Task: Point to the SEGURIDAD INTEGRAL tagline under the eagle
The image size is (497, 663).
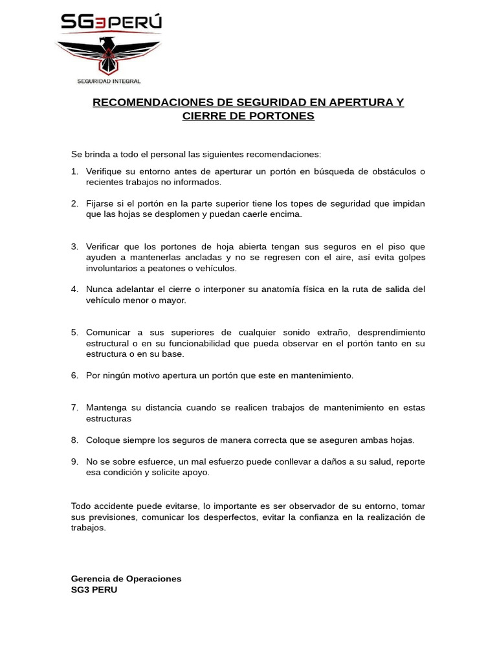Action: click(109, 81)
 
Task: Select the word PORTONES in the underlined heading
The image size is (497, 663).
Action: click(282, 116)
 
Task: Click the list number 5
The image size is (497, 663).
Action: click(74, 332)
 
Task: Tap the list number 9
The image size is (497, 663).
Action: click(74, 462)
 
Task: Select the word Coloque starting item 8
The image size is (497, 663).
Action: click(104, 440)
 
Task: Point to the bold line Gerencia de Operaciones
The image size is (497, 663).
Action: click(126, 579)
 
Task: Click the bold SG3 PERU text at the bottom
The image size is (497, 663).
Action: click(94, 590)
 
